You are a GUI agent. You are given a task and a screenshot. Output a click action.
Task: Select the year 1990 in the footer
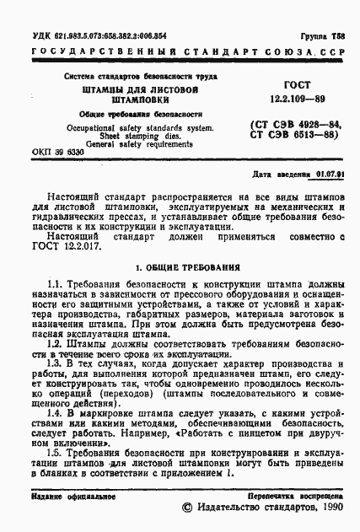tap(324, 511)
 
